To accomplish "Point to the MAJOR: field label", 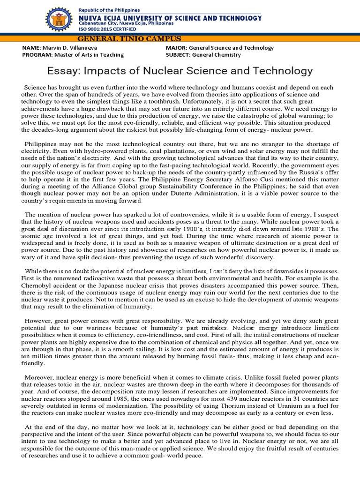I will pos(176,48).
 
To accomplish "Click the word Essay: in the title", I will pos(63,71).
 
